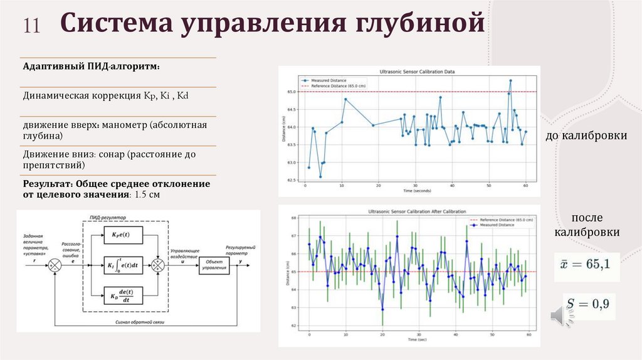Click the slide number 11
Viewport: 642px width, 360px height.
pyautogui.click(x=32, y=26)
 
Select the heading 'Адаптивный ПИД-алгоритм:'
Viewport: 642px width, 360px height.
pyautogui.click(x=92, y=66)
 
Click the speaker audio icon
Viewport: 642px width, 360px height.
pyautogui.click(x=561, y=315)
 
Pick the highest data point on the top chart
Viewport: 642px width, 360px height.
pyautogui.click(x=511, y=80)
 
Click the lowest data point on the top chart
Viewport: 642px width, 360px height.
pyautogui.click(x=320, y=176)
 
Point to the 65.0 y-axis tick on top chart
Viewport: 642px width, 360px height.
pyautogui.click(x=292, y=92)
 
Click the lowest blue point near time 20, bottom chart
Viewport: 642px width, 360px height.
pyautogui.click(x=382, y=309)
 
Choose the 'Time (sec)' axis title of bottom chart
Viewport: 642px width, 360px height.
pyautogui.click(x=419, y=339)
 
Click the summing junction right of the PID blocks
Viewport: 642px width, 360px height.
pyautogui.click(x=159, y=265)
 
